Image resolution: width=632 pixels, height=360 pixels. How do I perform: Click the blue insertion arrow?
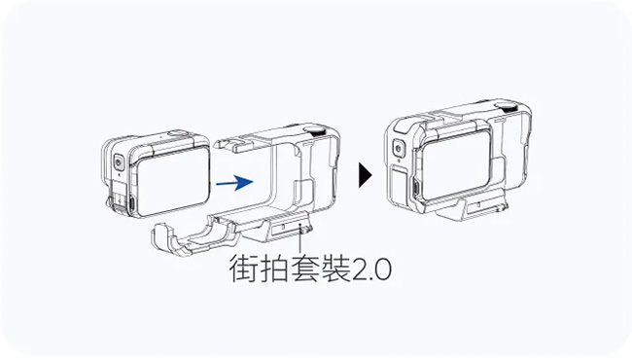(x=234, y=182)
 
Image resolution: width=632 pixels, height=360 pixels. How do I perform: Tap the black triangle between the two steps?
(x=365, y=175)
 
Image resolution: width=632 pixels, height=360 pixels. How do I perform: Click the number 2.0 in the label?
(x=371, y=270)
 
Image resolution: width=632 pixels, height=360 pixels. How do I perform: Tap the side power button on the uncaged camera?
(x=119, y=163)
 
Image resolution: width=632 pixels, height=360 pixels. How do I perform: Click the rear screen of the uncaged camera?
(x=172, y=181)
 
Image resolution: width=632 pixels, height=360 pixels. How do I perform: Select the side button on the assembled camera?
(x=399, y=149)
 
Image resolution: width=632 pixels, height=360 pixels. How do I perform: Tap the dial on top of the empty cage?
(x=315, y=130)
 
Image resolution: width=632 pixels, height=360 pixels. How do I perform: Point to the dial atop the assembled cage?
(x=507, y=107)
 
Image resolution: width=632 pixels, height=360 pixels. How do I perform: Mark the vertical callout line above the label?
(x=299, y=240)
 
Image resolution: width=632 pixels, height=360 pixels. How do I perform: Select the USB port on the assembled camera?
(x=415, y=189)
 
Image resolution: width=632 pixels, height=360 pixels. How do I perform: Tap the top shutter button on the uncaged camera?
(x=177, y=134)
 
